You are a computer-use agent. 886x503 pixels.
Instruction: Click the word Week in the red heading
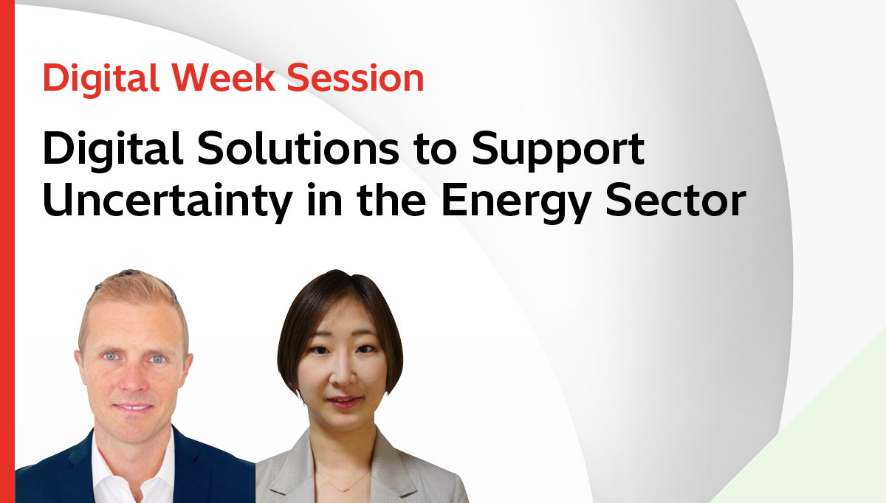pyautogui.click(x=224, y=78)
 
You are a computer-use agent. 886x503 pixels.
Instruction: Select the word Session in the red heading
pyautogui.click(x=355, y=78)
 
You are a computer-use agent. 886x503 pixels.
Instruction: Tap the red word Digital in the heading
pyautogui.click(x=101, y=80)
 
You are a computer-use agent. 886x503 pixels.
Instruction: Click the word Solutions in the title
pyautogui.click(x=298, y=148)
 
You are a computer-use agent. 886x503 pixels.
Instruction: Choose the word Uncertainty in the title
pyautogui.click(x=168, y=202)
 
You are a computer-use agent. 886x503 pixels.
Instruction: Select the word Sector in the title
pyautogui.click(x=676, y=200)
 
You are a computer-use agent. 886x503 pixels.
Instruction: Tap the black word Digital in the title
pyautogui.click(x=113, y=151)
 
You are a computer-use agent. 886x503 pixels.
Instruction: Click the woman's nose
pyautogui.click(x=341, y=375)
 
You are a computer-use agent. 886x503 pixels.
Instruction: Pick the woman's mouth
pyautogui.click(x=344, y=402)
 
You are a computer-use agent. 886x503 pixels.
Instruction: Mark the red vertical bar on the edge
pyautogui.click(x=7, y=251)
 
